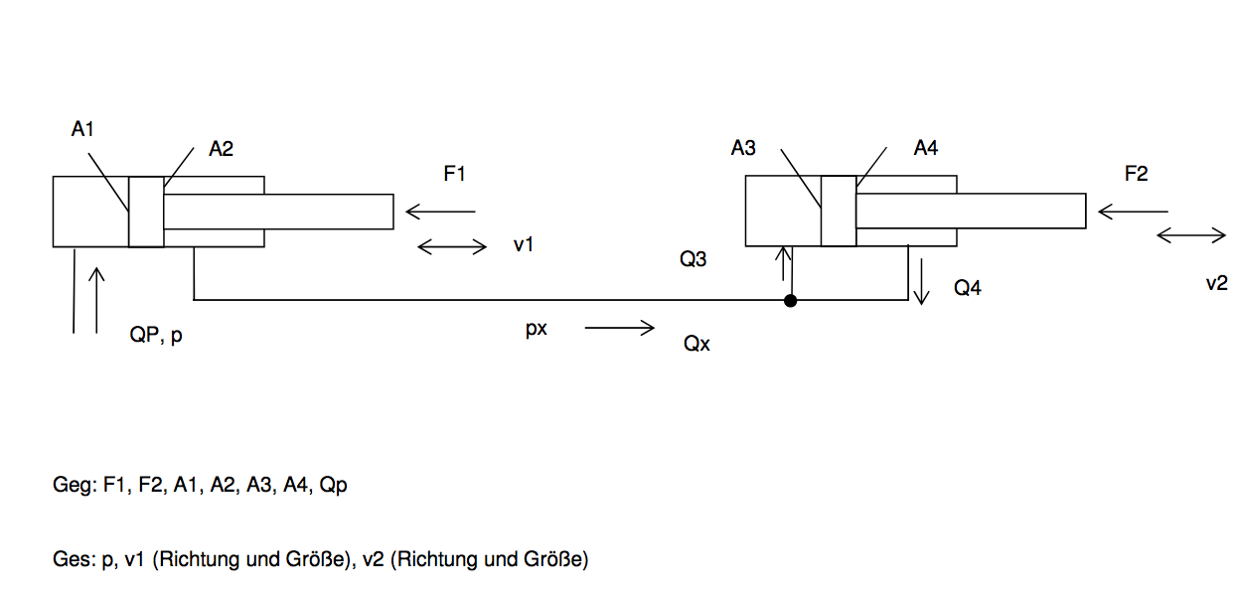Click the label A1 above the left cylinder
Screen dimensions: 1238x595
point(82,129)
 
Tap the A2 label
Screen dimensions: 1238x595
point(221,149)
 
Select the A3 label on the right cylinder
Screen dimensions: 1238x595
point(743,148)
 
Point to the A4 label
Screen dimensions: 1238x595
point(926,148)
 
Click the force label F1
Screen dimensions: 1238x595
point(454,174)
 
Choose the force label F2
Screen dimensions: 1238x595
point(1137,174)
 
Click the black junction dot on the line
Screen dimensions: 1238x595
point(790,301)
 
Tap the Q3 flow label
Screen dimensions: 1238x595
point(694,259)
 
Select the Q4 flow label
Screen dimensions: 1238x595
point(967,288)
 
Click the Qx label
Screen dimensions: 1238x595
point(696,344)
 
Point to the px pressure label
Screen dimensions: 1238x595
point(537,329)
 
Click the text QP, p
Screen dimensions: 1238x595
point(156,335)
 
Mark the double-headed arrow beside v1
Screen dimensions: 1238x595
point(452,246)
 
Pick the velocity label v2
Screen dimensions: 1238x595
point(1216,283)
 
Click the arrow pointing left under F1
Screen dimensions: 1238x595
point(440,212)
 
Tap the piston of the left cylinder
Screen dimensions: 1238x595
point(146,212)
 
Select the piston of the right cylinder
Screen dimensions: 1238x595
point(839,211)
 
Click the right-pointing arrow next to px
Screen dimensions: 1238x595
point(620,328)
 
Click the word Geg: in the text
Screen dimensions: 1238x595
point(76,485)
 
